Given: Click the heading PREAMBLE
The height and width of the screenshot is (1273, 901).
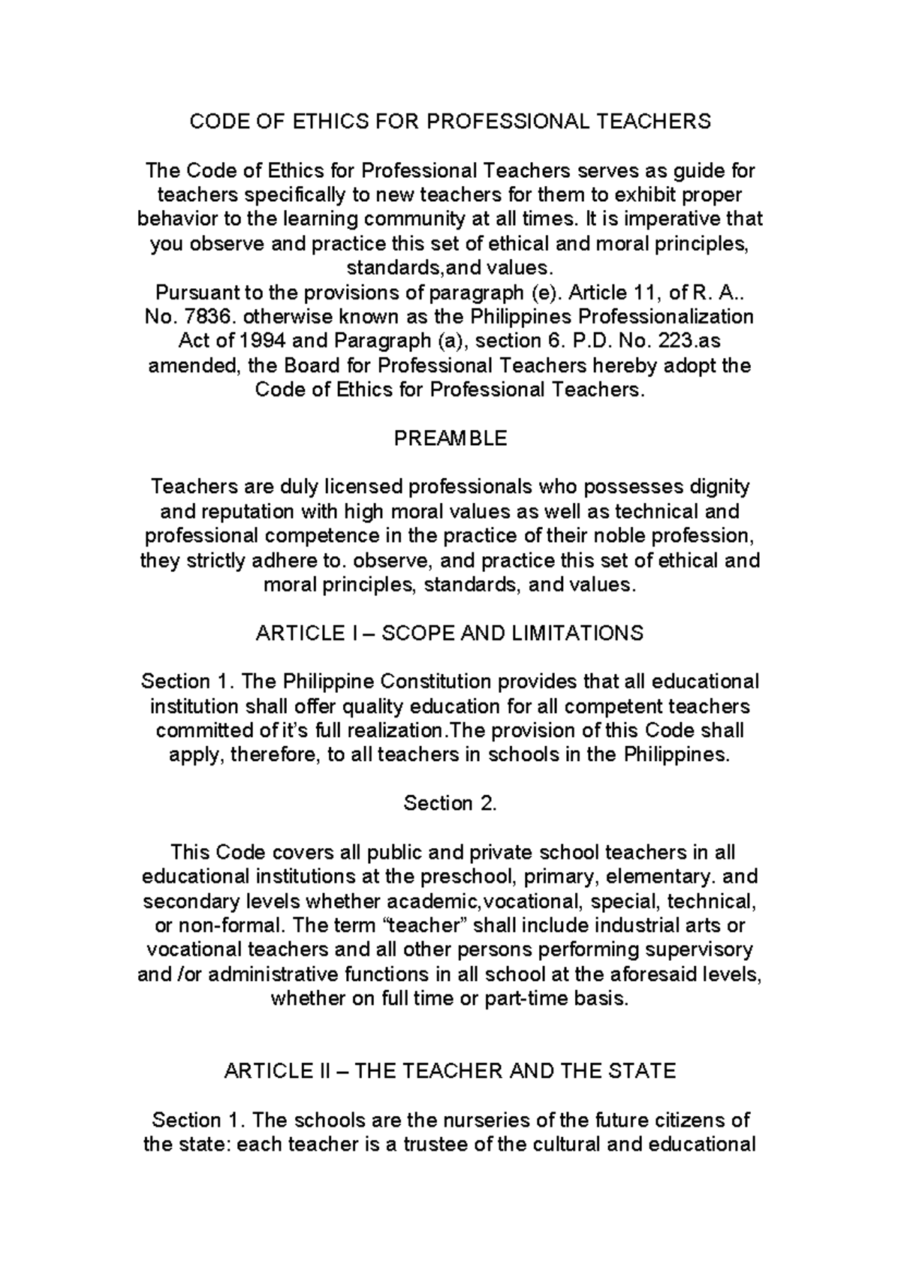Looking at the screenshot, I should (x=450, y=438).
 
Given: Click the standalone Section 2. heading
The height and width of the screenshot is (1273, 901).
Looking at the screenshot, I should (x=450, y=803).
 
